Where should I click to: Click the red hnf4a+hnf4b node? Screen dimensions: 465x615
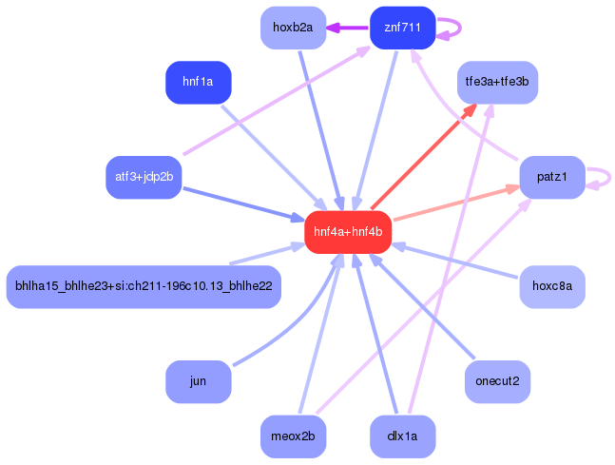pyautogui.click(x=348, y=231)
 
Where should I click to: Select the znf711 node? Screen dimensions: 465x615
pyautogui.click(x=402, y=28)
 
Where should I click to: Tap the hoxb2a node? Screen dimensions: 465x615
pyautogui.click(x=293, y=28)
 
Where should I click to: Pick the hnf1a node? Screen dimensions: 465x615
pyautogui.click(x=199, y=82)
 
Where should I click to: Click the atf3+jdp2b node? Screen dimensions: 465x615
pyautogui.click(x=144, y=177)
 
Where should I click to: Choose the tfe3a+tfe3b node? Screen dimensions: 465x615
pyautogui.click(x=497, y=82)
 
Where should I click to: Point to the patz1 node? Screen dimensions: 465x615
pyautogui.click(x=551, y=177)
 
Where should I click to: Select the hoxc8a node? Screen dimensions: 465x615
pyautogui.click(x=551, y=285)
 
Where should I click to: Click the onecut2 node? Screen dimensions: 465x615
pyautogui.click(x=497, y=381)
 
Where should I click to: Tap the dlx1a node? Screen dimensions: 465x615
pyautogui.click(x=402, y=436)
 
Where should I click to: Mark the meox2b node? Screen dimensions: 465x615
pyautogui.click(x=293, y=436)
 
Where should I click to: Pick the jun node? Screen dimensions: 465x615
pyautogui.click(x=199, y=381)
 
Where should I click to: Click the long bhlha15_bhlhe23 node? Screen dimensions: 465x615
pyautogui.click(x=144, y=285)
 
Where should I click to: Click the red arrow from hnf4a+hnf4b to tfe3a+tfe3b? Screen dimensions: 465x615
pyautogui.click(x=423, y=156)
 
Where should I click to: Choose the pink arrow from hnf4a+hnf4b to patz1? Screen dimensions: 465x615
pyautogui.click(x=456, y=203)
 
